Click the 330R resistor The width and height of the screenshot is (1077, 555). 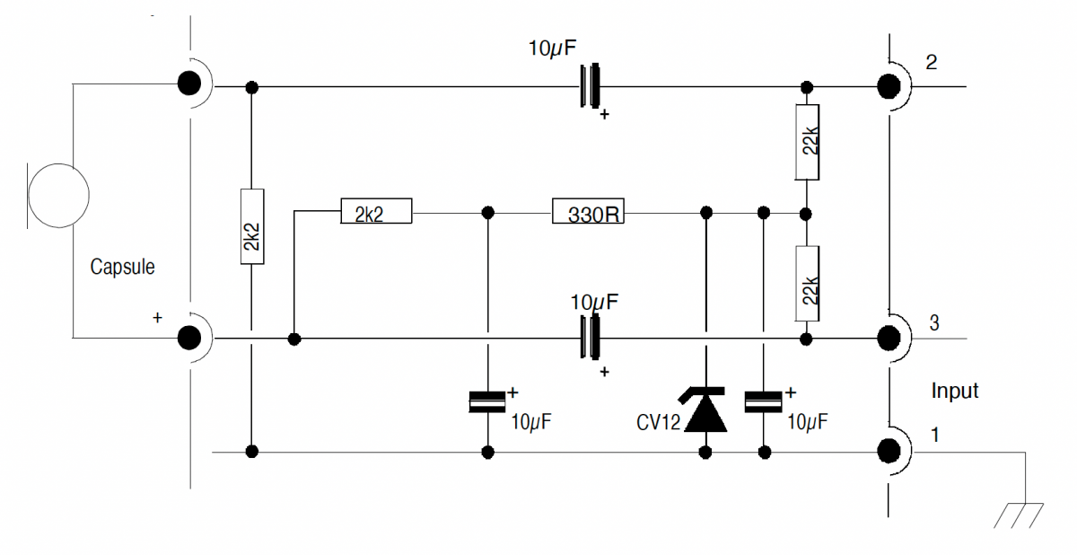pos(588,213)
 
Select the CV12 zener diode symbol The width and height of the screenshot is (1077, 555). pos(705,410)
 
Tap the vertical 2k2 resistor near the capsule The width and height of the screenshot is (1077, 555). pos(252,227)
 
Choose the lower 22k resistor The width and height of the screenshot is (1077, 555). pos(807,284)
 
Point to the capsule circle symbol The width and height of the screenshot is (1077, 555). pos(59,196)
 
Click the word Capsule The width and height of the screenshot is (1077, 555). pos(122,267)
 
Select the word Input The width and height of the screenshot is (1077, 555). pos(954,391)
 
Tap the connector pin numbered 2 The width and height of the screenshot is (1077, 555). pos(889,86)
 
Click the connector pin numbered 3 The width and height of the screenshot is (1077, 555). pos(889,339)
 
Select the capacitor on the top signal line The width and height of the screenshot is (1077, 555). pos(590,87)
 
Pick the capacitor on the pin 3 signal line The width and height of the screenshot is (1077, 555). pos(590,339)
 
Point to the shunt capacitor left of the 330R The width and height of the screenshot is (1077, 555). pos(487,402)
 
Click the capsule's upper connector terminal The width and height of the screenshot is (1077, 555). pos(188,84)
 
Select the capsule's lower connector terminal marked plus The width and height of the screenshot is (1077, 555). pos(188,338)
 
